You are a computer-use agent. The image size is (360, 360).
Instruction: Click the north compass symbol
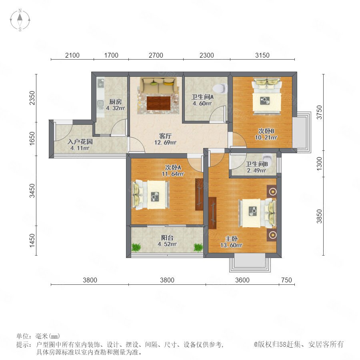pos(20,20)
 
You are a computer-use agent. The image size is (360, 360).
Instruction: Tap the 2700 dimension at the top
pos(156,55)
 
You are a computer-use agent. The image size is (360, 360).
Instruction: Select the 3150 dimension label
pos(262,55)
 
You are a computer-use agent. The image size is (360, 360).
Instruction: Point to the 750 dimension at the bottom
pos(286,280)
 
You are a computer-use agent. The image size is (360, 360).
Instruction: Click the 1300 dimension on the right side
pos(319,164)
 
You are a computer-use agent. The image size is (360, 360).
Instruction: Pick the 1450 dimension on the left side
pos(32,240)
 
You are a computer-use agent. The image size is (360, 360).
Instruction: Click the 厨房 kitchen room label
pos(116,102)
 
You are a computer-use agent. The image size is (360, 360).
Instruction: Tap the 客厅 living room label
pos(165,136)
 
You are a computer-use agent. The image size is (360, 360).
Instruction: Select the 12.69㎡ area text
pos(165,142)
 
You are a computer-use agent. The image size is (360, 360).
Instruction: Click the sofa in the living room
pos(158,85)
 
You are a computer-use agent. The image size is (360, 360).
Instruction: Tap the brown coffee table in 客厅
pos(159,103)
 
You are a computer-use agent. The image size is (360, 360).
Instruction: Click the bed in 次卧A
pos(151,195)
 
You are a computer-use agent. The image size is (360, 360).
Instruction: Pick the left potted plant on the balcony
pos(136,247)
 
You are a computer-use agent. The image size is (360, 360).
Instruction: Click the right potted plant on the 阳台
pos(198,247)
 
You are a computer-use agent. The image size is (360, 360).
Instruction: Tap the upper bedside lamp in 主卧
pos(272,192)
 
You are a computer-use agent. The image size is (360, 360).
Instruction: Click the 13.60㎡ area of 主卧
pos(231,245)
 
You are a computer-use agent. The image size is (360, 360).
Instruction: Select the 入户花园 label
pos(80,142)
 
